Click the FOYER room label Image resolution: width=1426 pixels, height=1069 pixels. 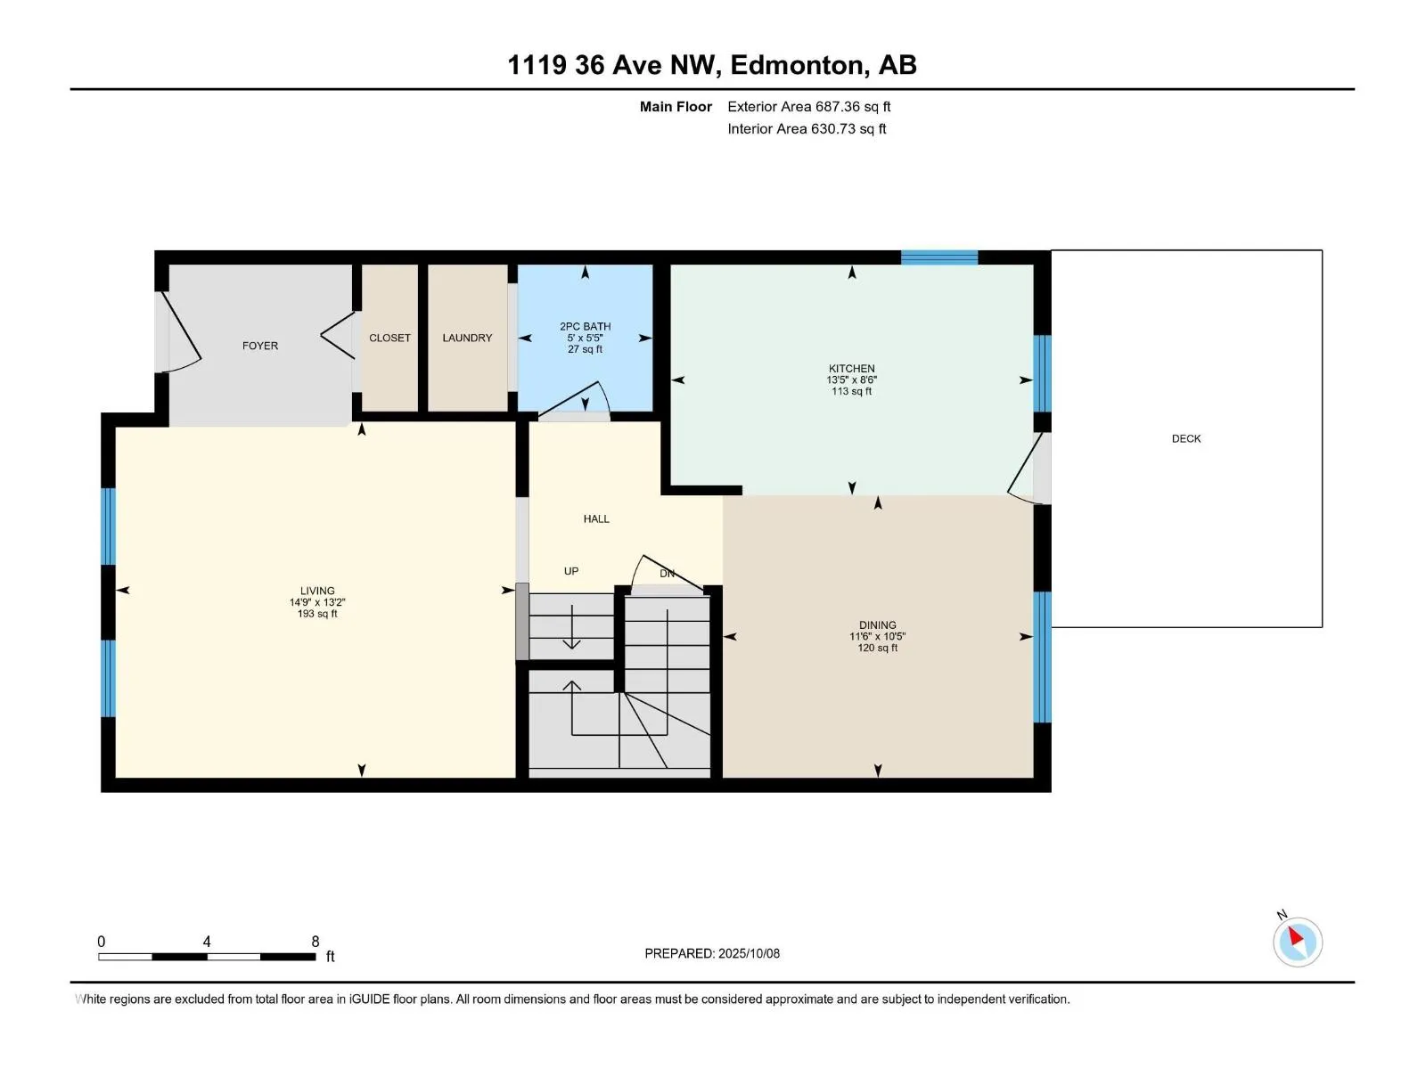pos(260,346)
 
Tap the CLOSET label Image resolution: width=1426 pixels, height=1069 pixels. pos(389,339)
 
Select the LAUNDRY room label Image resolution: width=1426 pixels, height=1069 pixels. pos(467,339)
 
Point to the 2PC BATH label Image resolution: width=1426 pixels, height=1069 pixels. pos(586,326)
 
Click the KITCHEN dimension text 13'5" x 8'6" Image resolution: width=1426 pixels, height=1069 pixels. pos(852,379)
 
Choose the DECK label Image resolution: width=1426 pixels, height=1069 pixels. pos(1186,439)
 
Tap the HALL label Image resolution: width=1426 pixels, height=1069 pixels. pos(596,518)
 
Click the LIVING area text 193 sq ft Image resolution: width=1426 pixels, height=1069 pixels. pos(317,614)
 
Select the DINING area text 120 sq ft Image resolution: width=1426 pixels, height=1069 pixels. pos(878,648)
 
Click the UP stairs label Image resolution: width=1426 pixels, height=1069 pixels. pos(571,571)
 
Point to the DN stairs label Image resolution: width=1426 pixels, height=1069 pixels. pos(668,574)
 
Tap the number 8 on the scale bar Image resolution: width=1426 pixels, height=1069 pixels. pos(316,941)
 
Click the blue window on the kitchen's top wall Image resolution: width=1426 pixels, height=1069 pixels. pos(939,257)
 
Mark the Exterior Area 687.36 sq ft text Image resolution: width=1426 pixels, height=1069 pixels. pos(809,106)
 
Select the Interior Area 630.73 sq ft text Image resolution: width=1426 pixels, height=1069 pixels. pos(807,128)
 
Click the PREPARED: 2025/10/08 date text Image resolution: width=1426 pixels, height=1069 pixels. pos(712,953)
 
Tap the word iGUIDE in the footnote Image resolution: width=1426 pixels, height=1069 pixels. pos(369,999)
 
